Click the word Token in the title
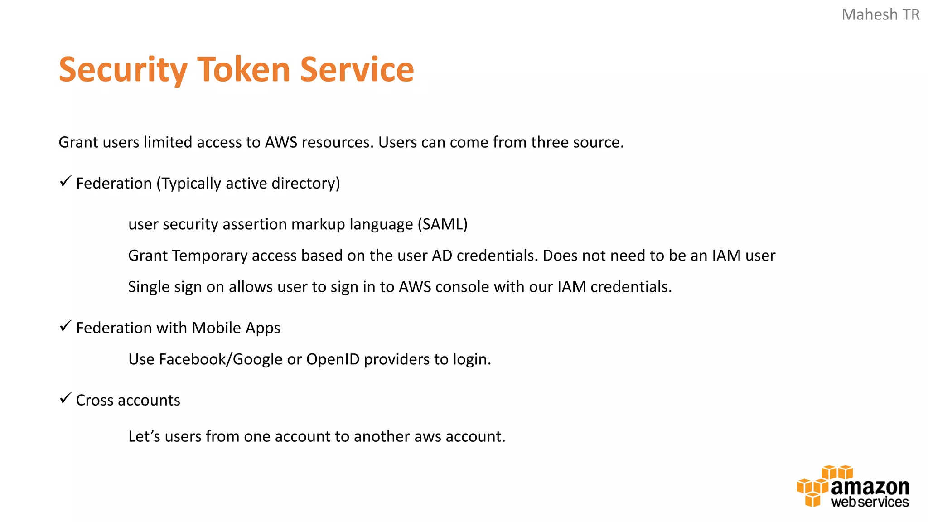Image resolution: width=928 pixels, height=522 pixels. click(x=243, y=70)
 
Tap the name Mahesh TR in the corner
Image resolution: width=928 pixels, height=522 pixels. click(x=880, y=14)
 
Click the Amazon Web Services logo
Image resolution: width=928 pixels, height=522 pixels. click(x=853, y=486)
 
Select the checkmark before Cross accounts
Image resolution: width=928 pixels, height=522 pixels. click(x=66, y=398)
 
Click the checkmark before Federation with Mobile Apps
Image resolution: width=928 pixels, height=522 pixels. click(x=66, y=326)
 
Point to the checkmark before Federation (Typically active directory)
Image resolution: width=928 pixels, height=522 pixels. click(x=66, y=181)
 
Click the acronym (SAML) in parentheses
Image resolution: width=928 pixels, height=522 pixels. click(x=442, y=224)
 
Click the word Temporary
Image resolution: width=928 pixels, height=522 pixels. click(x=210, y=256)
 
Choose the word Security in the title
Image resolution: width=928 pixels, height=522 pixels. click(x=123, y=70)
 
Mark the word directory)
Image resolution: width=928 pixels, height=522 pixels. click(x=305, y=184)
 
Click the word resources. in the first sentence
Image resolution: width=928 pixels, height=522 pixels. click(x=338, y=142)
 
